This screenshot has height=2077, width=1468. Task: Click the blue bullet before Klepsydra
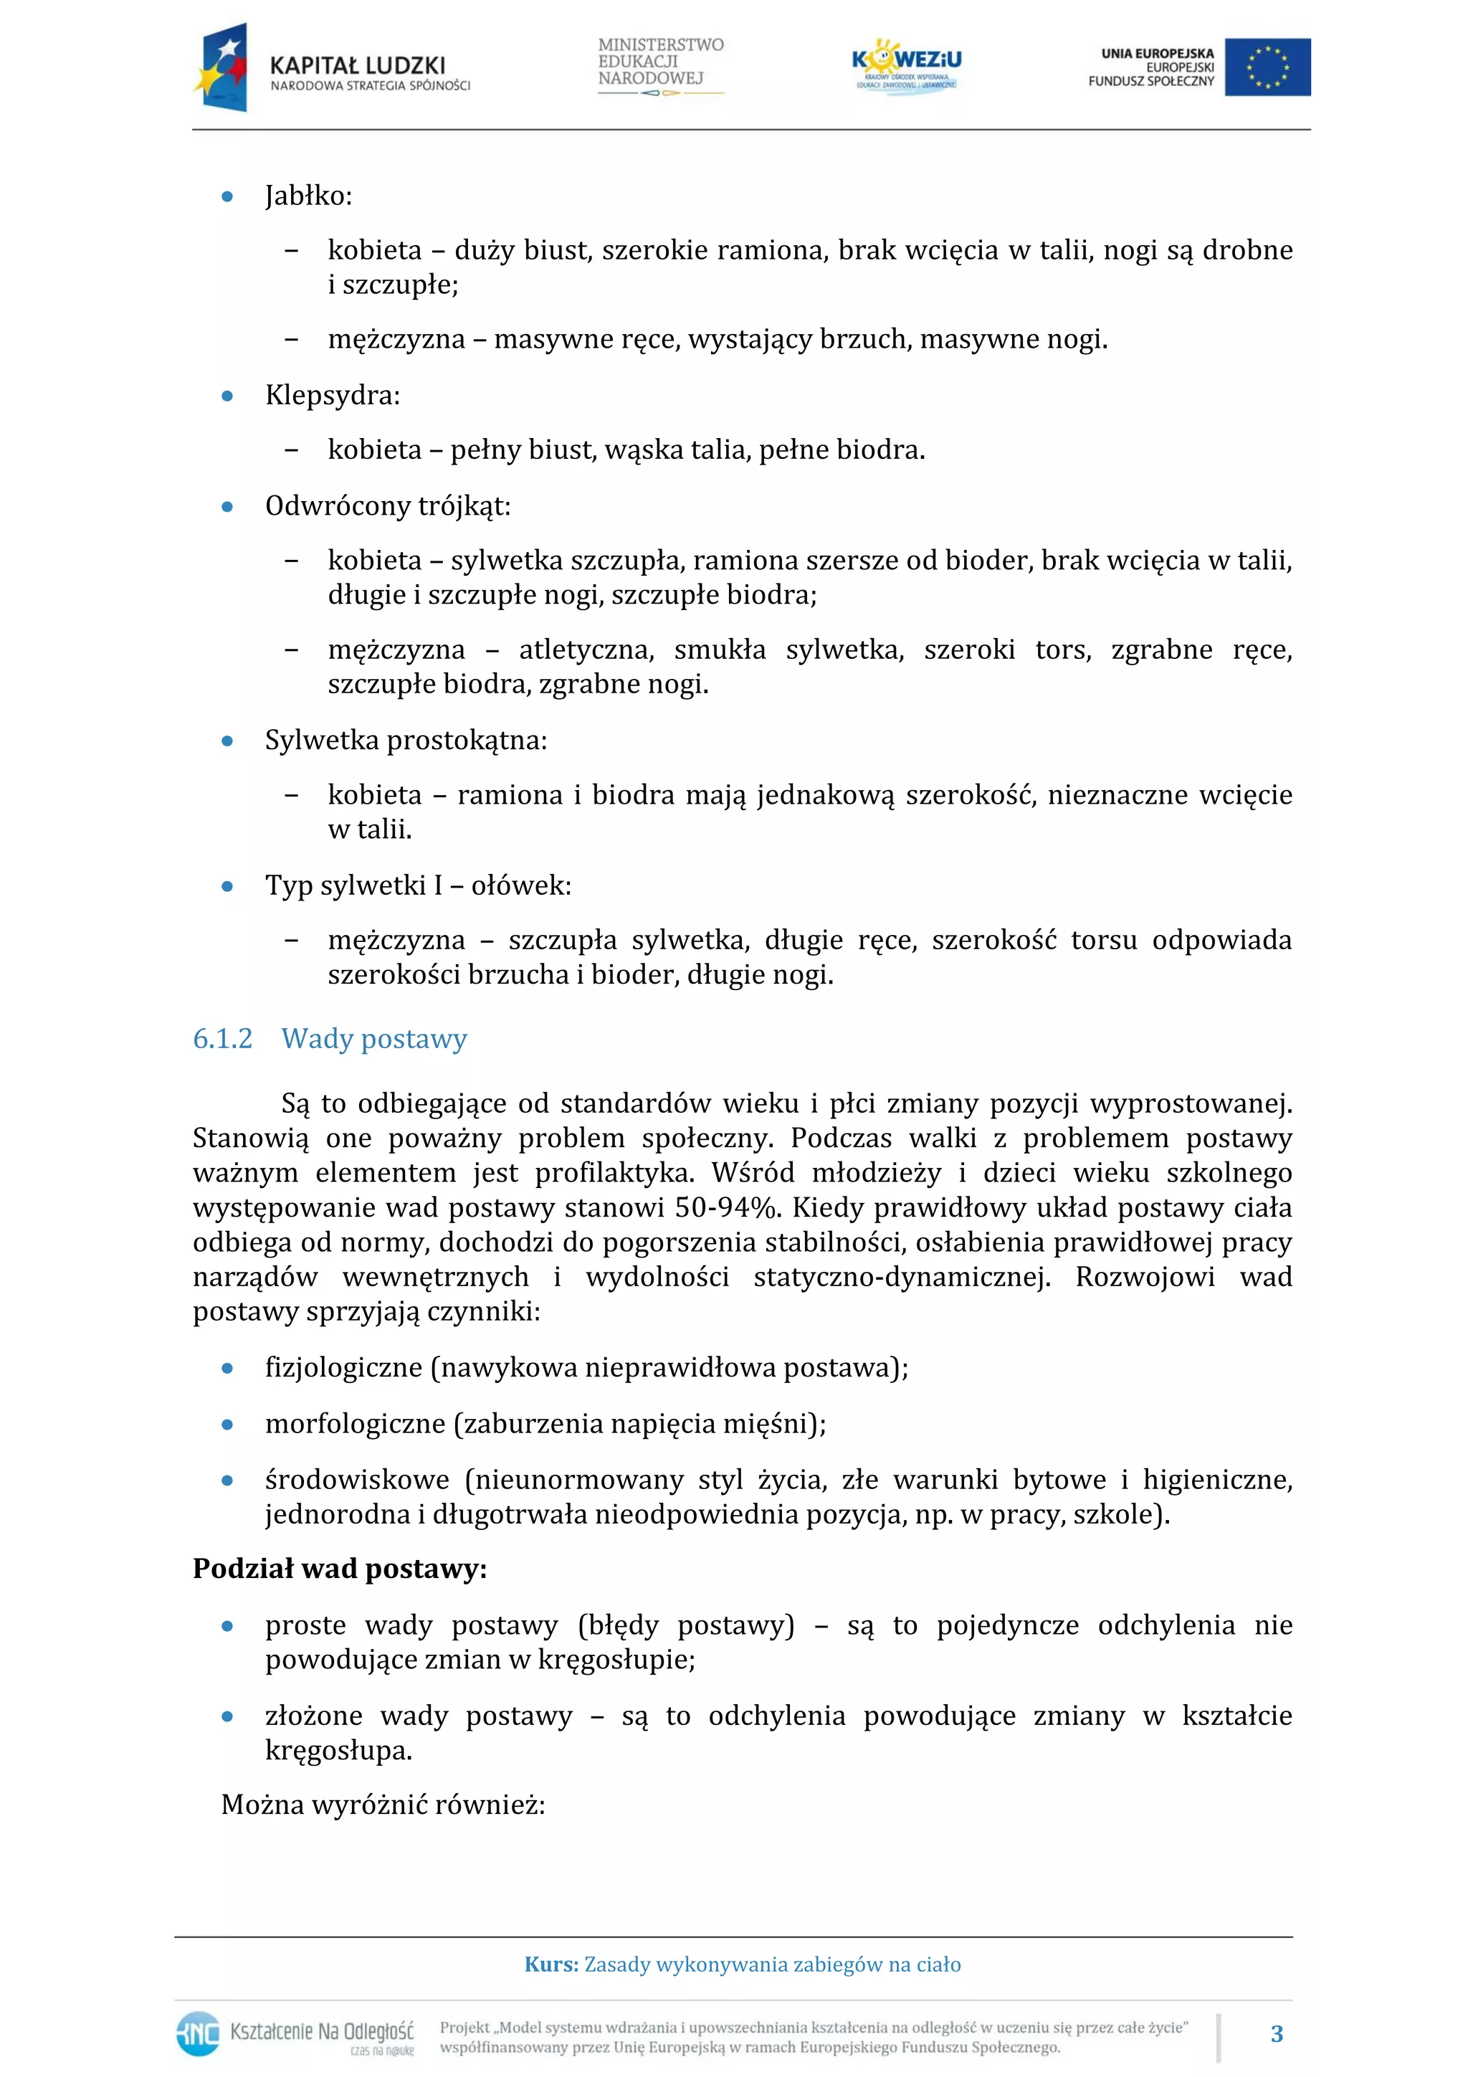tap(228, 396)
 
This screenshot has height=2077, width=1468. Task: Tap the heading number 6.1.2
tap(222, 1038)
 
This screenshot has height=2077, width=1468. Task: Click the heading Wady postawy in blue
tap(373, 1038)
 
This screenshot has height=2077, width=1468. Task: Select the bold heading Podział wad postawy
tap(339, 1568)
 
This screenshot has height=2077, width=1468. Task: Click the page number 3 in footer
tap(1276, 2033)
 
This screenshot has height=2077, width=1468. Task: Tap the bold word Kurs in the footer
tap(550, 1964)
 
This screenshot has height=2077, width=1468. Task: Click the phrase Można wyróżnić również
tap(382, 1805)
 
